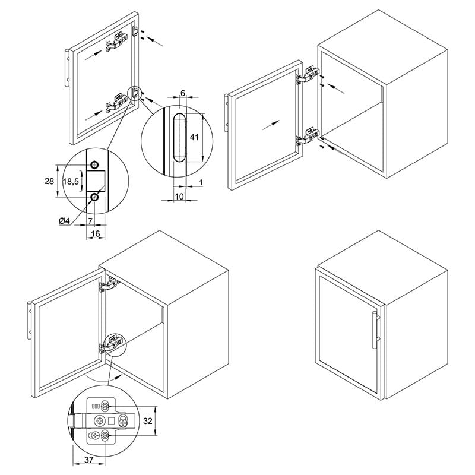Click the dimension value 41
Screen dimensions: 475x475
[x=194, y=137]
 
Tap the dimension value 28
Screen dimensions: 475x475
[x=49, y=181]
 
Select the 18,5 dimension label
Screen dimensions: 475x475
[x=71, y=182]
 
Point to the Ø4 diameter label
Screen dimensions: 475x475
[x=64, y=221]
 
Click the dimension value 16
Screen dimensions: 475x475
[x=96, y=233]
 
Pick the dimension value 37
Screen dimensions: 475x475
[x=88, y=460]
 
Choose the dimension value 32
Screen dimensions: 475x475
[x=147, y=421]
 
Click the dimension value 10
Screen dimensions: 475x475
[x=179, y=197]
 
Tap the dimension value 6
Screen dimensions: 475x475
[x=183, y=93]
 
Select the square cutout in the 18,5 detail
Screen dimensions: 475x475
[x=96, y=181]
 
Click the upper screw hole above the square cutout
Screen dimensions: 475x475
[x=95, y=165]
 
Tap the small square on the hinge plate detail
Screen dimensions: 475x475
[x=111, y=420]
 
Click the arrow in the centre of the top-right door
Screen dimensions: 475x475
[x=271, y=125]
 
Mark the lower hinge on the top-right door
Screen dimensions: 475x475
[x=308, y=137]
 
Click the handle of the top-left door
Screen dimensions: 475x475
[x=68, y=68]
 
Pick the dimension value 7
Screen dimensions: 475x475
[x=90, y=221]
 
